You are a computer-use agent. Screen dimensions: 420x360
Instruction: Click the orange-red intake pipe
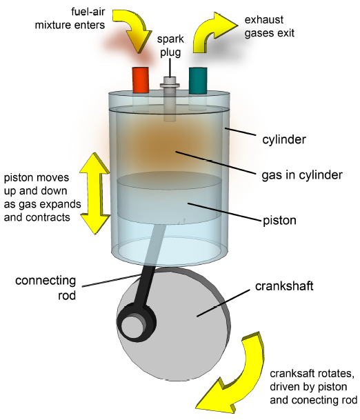[141, 80]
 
